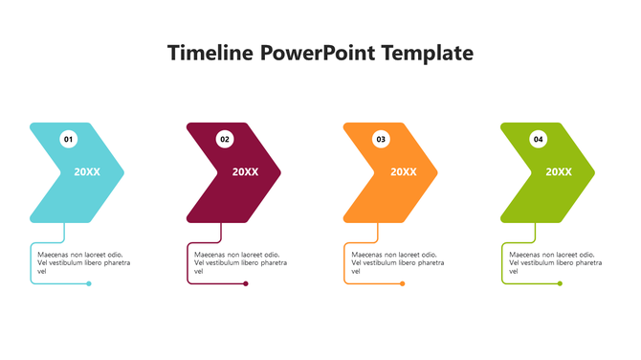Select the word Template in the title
coord(426,53)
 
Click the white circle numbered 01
coord(68,139)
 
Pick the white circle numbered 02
coord(225,139)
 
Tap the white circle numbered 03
coord(381,139)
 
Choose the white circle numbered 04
coord(539,139)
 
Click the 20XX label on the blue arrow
coord(87,172)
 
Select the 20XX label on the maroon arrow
coord(245,172)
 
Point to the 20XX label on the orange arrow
coord(403,172)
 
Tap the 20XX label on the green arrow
coord(559,172)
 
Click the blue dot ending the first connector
coord(89,283)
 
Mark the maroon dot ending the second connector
coord(246,283)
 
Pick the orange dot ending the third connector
coord(403,283)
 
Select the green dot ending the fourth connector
coord(560,283)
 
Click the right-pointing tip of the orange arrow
coord(438,173)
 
